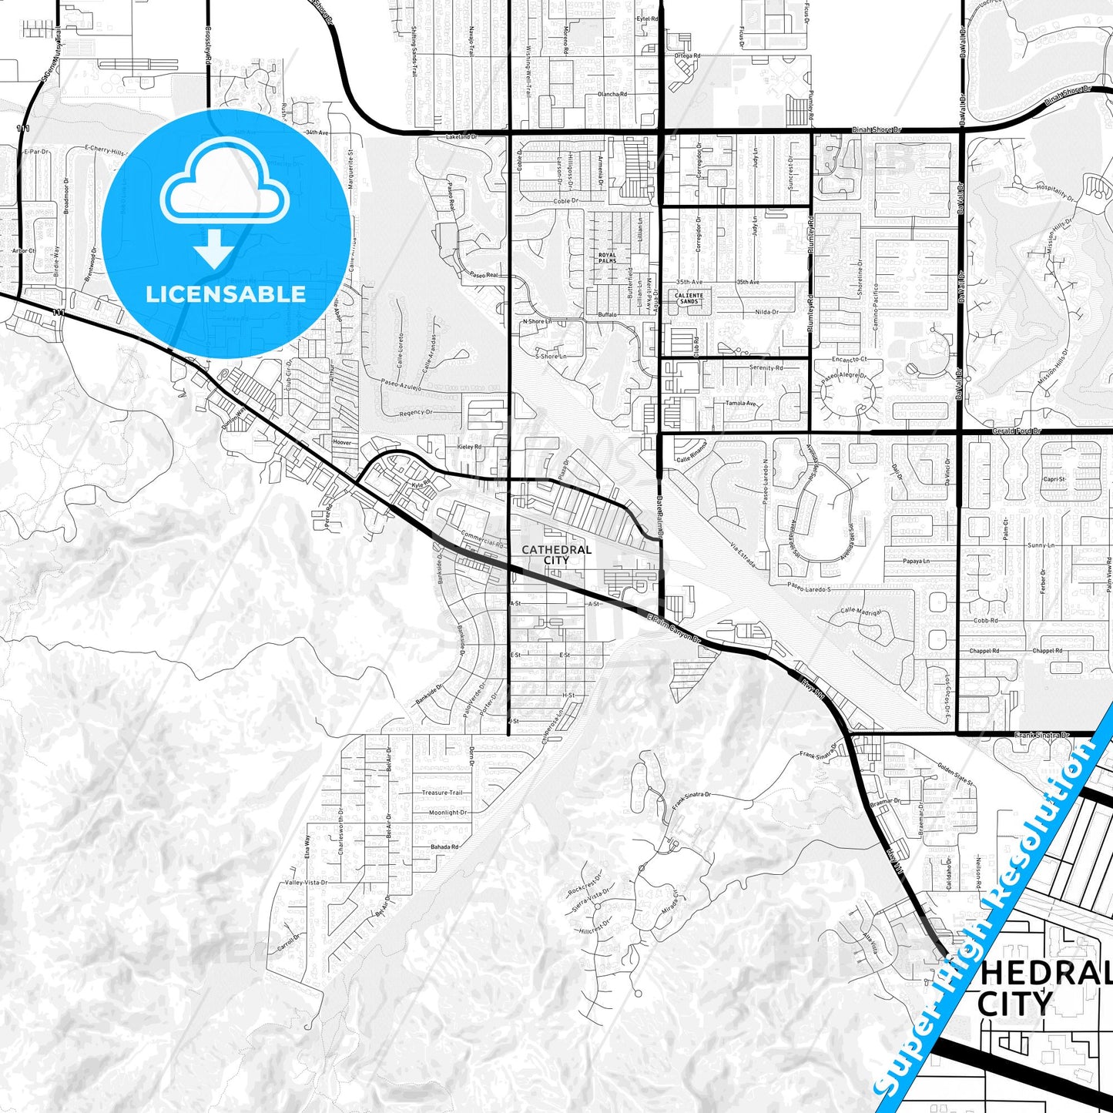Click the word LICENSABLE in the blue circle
click(226, 293)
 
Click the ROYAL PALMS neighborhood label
click(607, 258)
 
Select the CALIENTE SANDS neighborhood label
click(689, 298)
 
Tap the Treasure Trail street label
click(442, 793)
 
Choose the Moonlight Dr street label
click(448, 813)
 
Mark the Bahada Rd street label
click(444, 847)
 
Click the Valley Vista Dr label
click(307, 883)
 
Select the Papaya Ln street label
click(917, 561)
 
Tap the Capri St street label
click(1054, 479)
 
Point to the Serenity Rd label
click(766, 367)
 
